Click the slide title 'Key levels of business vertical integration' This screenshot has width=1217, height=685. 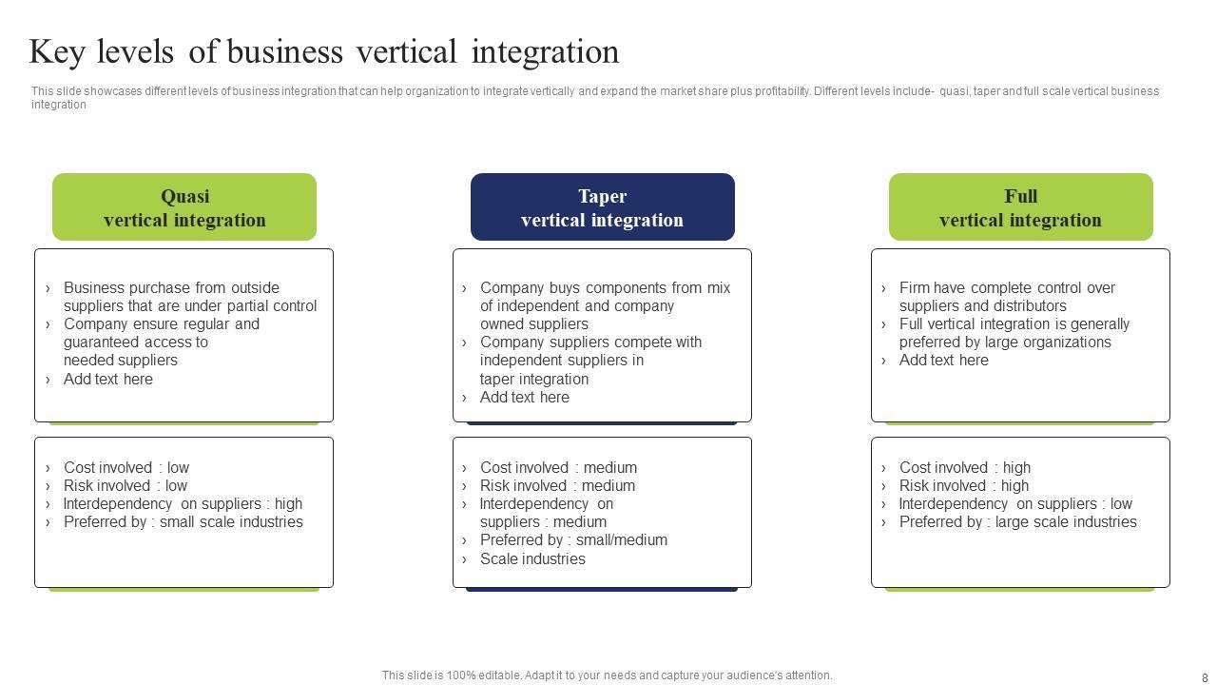(324, 51)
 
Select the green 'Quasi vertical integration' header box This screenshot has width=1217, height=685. (184, 207)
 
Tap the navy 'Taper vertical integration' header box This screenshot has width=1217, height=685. (602, 207)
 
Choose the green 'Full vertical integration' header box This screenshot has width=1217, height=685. (1020, 207)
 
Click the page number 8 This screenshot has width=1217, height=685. (1205, 678)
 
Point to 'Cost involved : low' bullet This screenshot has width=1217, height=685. (126, 467)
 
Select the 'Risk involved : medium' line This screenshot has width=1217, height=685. (557, 485)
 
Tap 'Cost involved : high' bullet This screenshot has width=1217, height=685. (964, 467)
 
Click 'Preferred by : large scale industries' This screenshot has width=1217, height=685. (1017, 521)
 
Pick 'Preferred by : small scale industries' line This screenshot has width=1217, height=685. (183, 521)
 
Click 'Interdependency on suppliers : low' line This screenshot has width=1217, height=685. (1015, 503)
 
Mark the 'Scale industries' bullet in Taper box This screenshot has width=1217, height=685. (532, 558)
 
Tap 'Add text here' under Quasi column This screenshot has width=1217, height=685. (107, 379)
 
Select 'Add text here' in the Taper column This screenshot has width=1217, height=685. (524, 397)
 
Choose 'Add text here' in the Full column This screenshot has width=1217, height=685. (943, 360)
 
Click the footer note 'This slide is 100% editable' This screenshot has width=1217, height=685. (607, 675)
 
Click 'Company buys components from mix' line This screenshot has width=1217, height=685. (605, 287)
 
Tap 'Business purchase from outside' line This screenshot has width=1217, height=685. (171, 287)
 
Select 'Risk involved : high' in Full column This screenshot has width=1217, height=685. (964, 485)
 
